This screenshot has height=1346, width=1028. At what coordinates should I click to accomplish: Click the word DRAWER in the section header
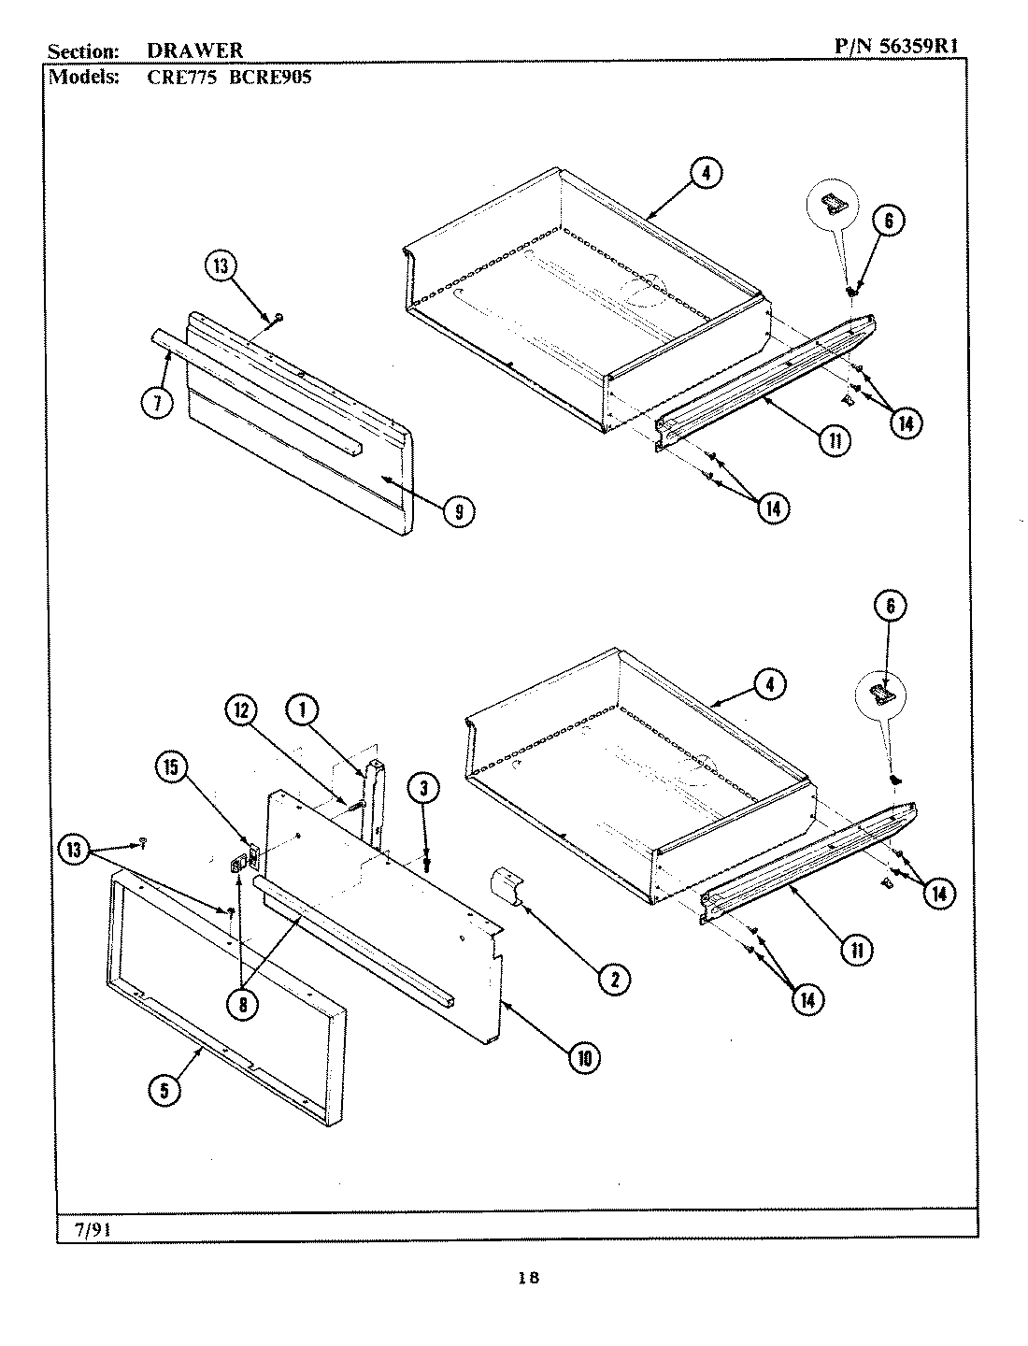[x=195, y=51]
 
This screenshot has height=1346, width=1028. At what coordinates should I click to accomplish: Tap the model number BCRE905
[x=270, y=77]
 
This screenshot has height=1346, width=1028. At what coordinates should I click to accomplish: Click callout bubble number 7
[x=158, y=403]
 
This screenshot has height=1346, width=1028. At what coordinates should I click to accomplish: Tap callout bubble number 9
[x=458, y=510]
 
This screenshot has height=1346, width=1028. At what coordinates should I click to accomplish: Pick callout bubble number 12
[x=240, y=711]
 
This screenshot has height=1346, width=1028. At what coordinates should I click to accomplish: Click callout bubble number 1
[x=302, y=710]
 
